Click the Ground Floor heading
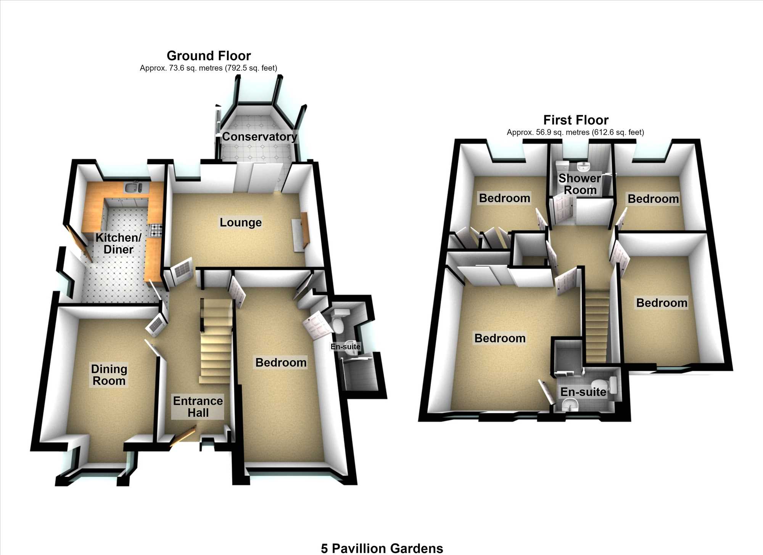pyautogui.click(x=209, y=56)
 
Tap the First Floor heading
pyautogui.click(x=576, y=120)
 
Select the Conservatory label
pyautogui.click(x=259, y=137)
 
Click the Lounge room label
pyautogui.click(x=241, y=222)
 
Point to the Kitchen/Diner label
pyautogui.click(x=118, y=243)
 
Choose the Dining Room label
pyautogui.click(x=109, y=375)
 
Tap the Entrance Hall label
pyautogui.click(x=198, y=407)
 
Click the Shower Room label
pyautogui.click(x=580, y=184)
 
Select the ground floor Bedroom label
pyautogui.click(x=281, y=362)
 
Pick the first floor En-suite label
pyautogui.click(x=583, y=392)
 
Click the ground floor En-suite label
pyautogui.click(x=345, y=346)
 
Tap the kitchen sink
pyautogui.click(x=133, y=188)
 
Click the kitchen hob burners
pyautogui.click(x=156, y=230)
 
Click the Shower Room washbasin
pyautogui.click(x=583, y=166)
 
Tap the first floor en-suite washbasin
pyautogui.click(x=570, y=405)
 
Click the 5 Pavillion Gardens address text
pyautogui.click(x=382, y=549)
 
